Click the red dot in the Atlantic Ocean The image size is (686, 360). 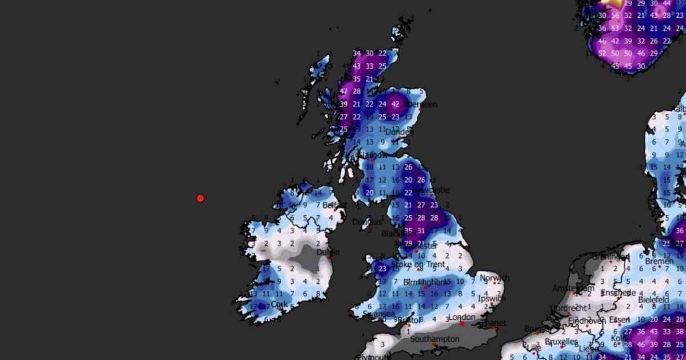coord(200,198)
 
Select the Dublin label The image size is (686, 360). coord(328,252)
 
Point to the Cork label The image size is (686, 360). coord(279,305)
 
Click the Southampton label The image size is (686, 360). coord(434,339)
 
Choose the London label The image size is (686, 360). coord(462,317)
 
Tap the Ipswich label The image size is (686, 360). coord(493,298)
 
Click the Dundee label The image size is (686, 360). coord(398,132)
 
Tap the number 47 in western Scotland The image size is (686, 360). coord(344,91)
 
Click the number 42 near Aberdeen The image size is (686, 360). coord(395,104)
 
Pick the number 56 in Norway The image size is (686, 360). coord(615,28)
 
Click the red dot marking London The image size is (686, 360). coord(462,324)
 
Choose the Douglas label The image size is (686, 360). coord(366,222)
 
